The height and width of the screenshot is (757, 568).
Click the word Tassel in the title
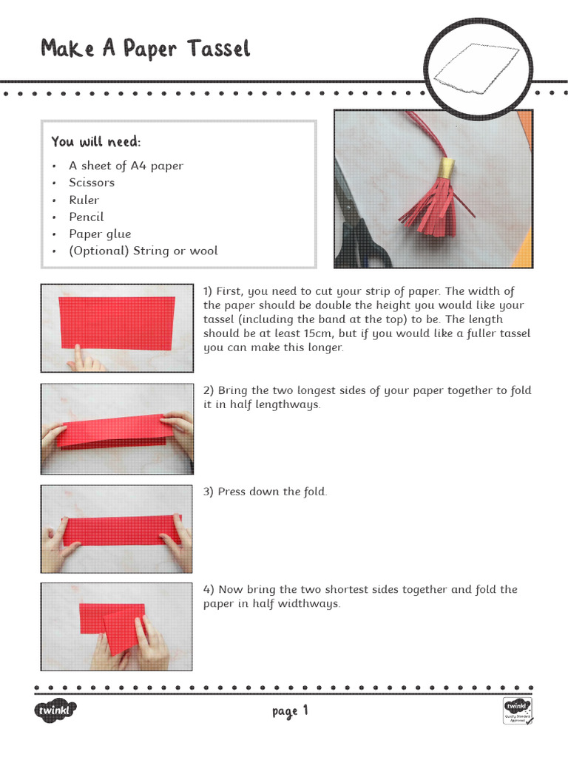coord(218,49)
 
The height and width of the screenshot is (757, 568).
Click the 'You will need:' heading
coord(95,141)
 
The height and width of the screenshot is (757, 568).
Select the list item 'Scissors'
coord(92,183)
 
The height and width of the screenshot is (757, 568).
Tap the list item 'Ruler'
coord(84,200)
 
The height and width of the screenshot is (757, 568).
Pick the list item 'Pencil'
coord(87,217)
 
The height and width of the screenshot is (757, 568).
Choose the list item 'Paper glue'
coord(100,234)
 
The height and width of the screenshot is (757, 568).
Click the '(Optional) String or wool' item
coord(143,251)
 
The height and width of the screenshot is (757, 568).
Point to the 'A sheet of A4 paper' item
coord(126,166)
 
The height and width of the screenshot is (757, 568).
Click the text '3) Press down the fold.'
coord(265,492)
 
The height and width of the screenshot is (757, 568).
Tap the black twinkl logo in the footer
coord(55,710)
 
